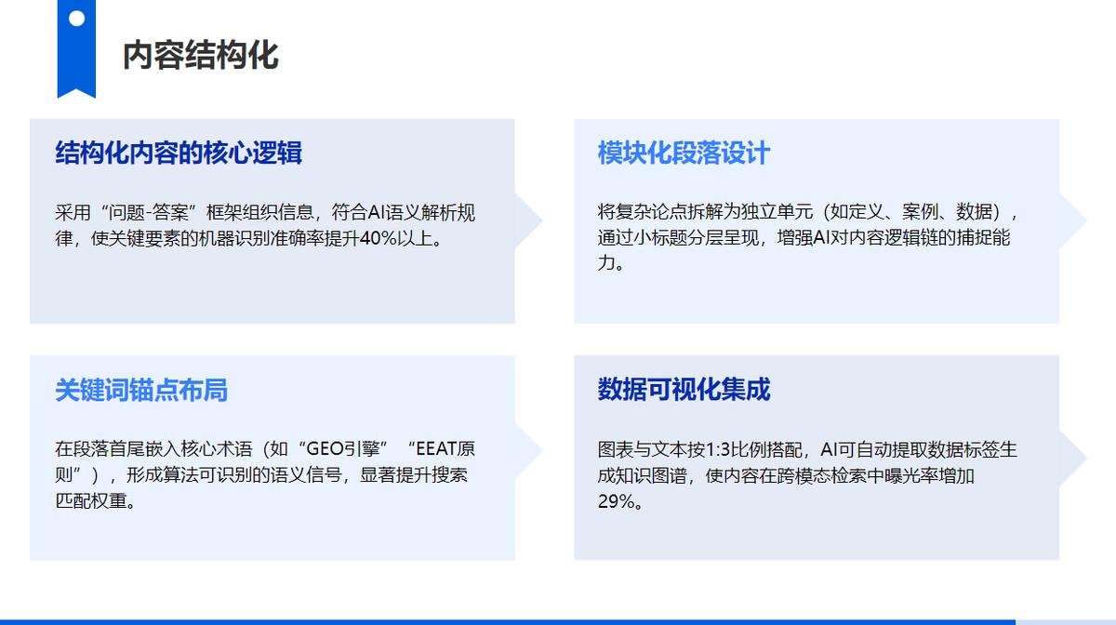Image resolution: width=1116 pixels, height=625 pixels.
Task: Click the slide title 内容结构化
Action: click(x=200, y=55)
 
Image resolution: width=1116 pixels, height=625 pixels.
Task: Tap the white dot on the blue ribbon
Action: click(x=76, y=19)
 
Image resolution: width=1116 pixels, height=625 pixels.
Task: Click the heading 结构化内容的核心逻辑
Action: click(x=179, y=153)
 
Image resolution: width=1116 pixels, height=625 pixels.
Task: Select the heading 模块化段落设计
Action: click(x=684, y=153)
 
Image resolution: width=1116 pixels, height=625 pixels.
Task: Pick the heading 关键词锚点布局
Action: click(x=141, y=390)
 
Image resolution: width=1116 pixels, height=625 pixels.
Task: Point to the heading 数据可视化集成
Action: click(x=684, y=390)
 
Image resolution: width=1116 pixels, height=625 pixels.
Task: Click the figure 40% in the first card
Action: click(x=379, y=238)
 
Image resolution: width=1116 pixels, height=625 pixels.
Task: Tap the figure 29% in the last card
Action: click(x=616, y=501)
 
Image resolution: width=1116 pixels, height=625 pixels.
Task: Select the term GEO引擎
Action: click(x=343, y=449)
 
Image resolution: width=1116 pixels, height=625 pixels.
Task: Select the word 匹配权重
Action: click(x=91, y=501)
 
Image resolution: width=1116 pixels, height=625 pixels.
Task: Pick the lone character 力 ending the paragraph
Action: click(x=606, y=262)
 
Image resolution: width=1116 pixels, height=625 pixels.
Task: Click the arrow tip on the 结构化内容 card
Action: click(x=541, y=220)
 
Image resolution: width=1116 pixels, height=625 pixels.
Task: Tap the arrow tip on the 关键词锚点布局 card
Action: click(x=541, y=450)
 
